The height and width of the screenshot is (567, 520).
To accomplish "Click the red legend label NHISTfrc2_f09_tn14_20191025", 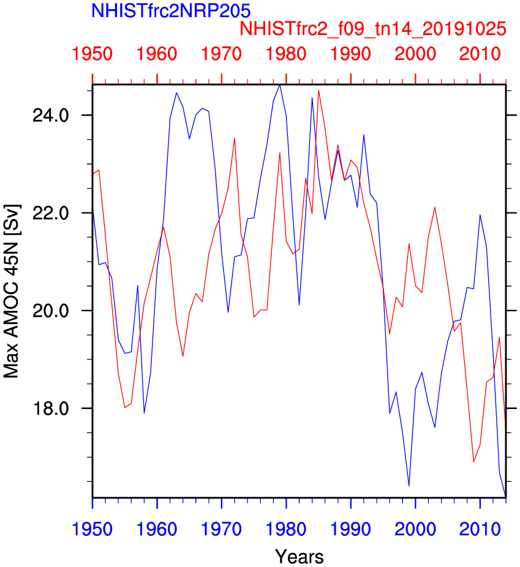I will pos(373,29).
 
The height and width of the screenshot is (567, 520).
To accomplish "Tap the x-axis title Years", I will pos(299,556).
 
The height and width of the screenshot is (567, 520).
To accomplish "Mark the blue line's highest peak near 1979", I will pos(280,85).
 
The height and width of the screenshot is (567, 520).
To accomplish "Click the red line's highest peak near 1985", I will pos(318,90).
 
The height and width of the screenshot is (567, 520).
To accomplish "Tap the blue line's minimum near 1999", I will pos(409,486).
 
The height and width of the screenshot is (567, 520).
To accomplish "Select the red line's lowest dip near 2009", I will pos(473,462).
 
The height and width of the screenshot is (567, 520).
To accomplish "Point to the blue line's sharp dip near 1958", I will pos(144,413).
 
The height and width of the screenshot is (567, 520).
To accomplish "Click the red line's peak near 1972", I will pos(235,138).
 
